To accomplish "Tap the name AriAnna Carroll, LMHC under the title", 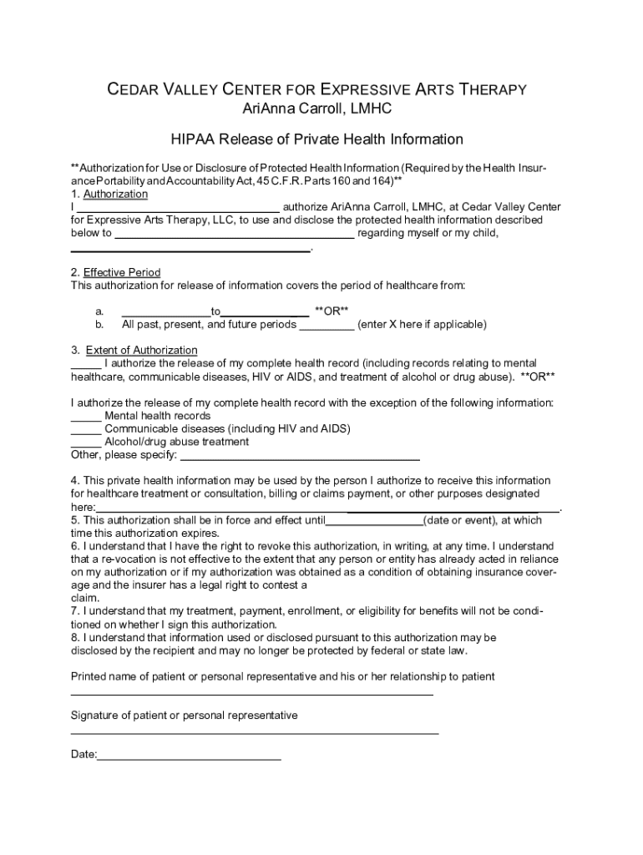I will [x=316, y=109].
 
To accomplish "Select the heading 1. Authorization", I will [x=109, y=194].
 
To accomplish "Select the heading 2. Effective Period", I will [x=116, y=272].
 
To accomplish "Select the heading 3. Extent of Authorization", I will [x=134, y=350].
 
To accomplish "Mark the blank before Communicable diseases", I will [x=86, y=430].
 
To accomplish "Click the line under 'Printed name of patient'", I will [x=251, y=694].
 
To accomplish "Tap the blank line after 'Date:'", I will [x=190, y=758].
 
